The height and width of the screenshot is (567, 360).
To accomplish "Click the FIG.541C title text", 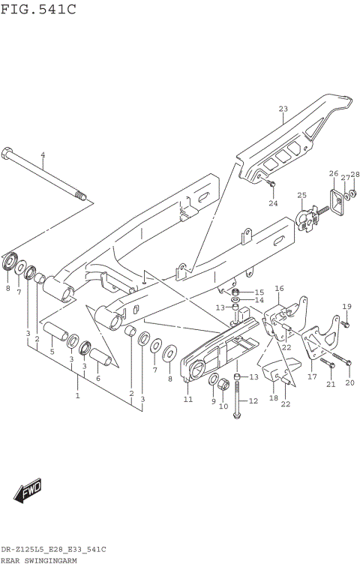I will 38,9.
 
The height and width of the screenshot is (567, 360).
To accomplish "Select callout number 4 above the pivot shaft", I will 43,155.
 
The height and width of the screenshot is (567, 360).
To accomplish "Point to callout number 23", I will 283,109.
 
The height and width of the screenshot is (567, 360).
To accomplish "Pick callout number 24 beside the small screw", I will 273,202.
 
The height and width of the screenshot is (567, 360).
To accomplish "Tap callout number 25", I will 301,196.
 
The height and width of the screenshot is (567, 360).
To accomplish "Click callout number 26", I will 333,173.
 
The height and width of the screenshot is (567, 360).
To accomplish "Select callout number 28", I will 355,174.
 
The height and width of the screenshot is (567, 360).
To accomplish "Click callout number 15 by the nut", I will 259,292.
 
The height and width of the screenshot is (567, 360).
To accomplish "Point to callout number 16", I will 278,288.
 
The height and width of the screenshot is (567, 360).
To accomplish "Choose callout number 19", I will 346,307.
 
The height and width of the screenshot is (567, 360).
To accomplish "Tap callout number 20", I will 349,382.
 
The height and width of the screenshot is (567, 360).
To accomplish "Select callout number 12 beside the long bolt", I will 253,400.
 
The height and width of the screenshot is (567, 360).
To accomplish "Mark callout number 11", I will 188,400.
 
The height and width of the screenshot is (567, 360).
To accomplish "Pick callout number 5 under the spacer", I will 52,351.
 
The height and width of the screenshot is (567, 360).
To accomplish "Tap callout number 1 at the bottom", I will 77,394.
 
